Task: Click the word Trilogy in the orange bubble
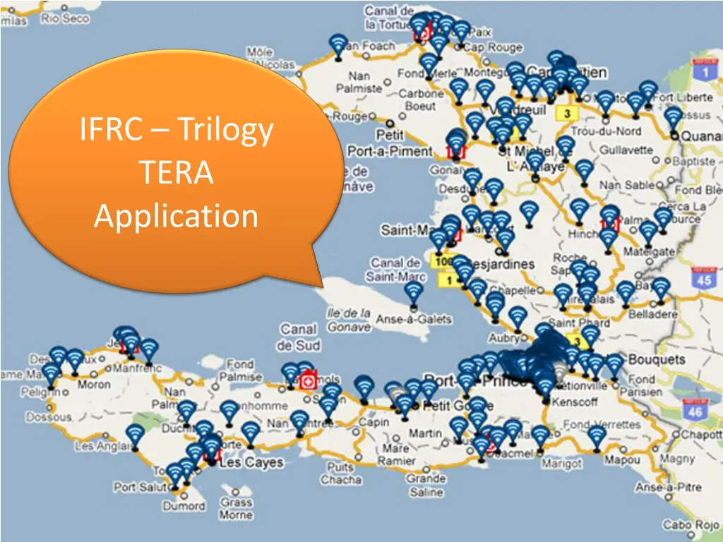[225, 131]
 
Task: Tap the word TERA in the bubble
[176, 173]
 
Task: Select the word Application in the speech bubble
[176, 216]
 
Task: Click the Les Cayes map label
[251, 464]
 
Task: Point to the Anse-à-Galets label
[414, 319]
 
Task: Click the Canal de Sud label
[299, 337]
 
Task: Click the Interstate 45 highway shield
[703, 278]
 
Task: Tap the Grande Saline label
[426, 486]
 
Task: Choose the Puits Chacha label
[341, 474]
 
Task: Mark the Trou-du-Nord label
[606, 131]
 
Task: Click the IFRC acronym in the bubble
[113, 131]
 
